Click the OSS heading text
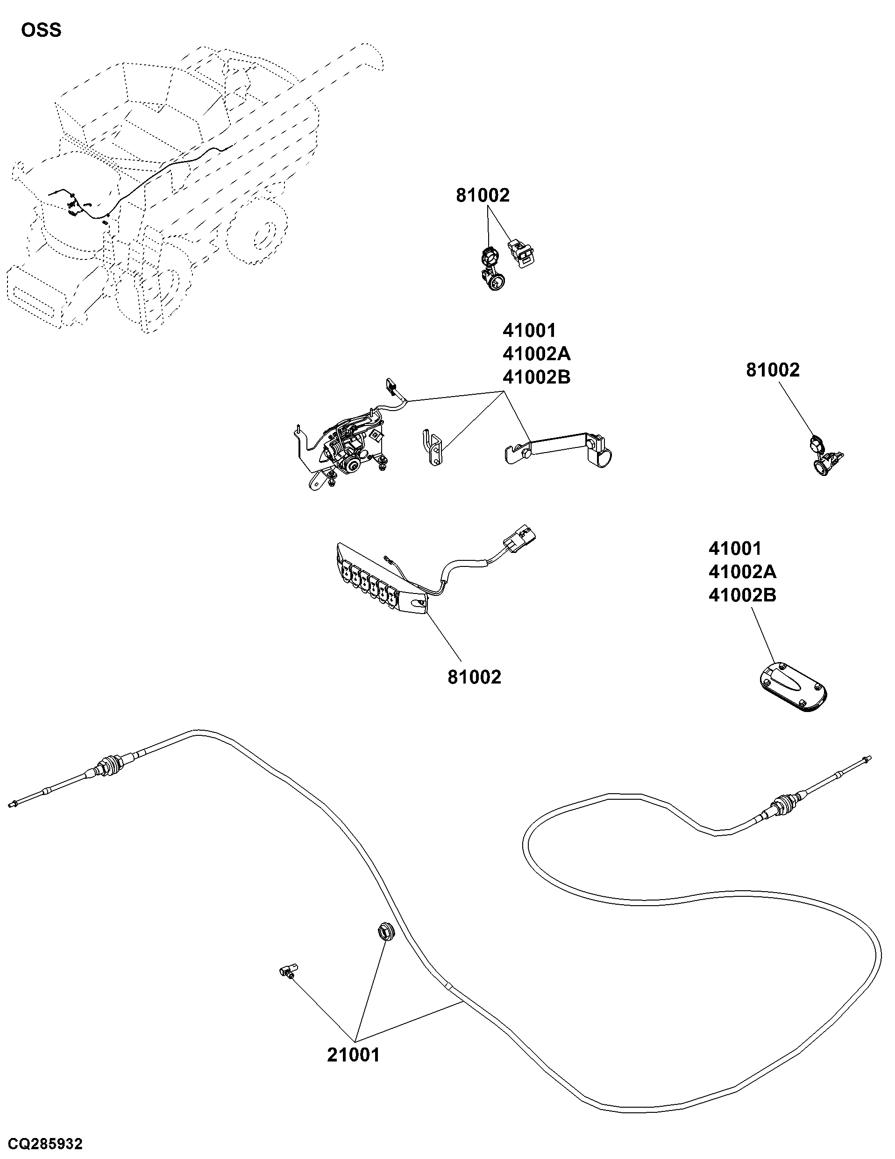[41, 30]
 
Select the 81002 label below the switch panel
[474, 677]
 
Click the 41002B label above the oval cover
[742, 595]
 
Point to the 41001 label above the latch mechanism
[529, 331]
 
